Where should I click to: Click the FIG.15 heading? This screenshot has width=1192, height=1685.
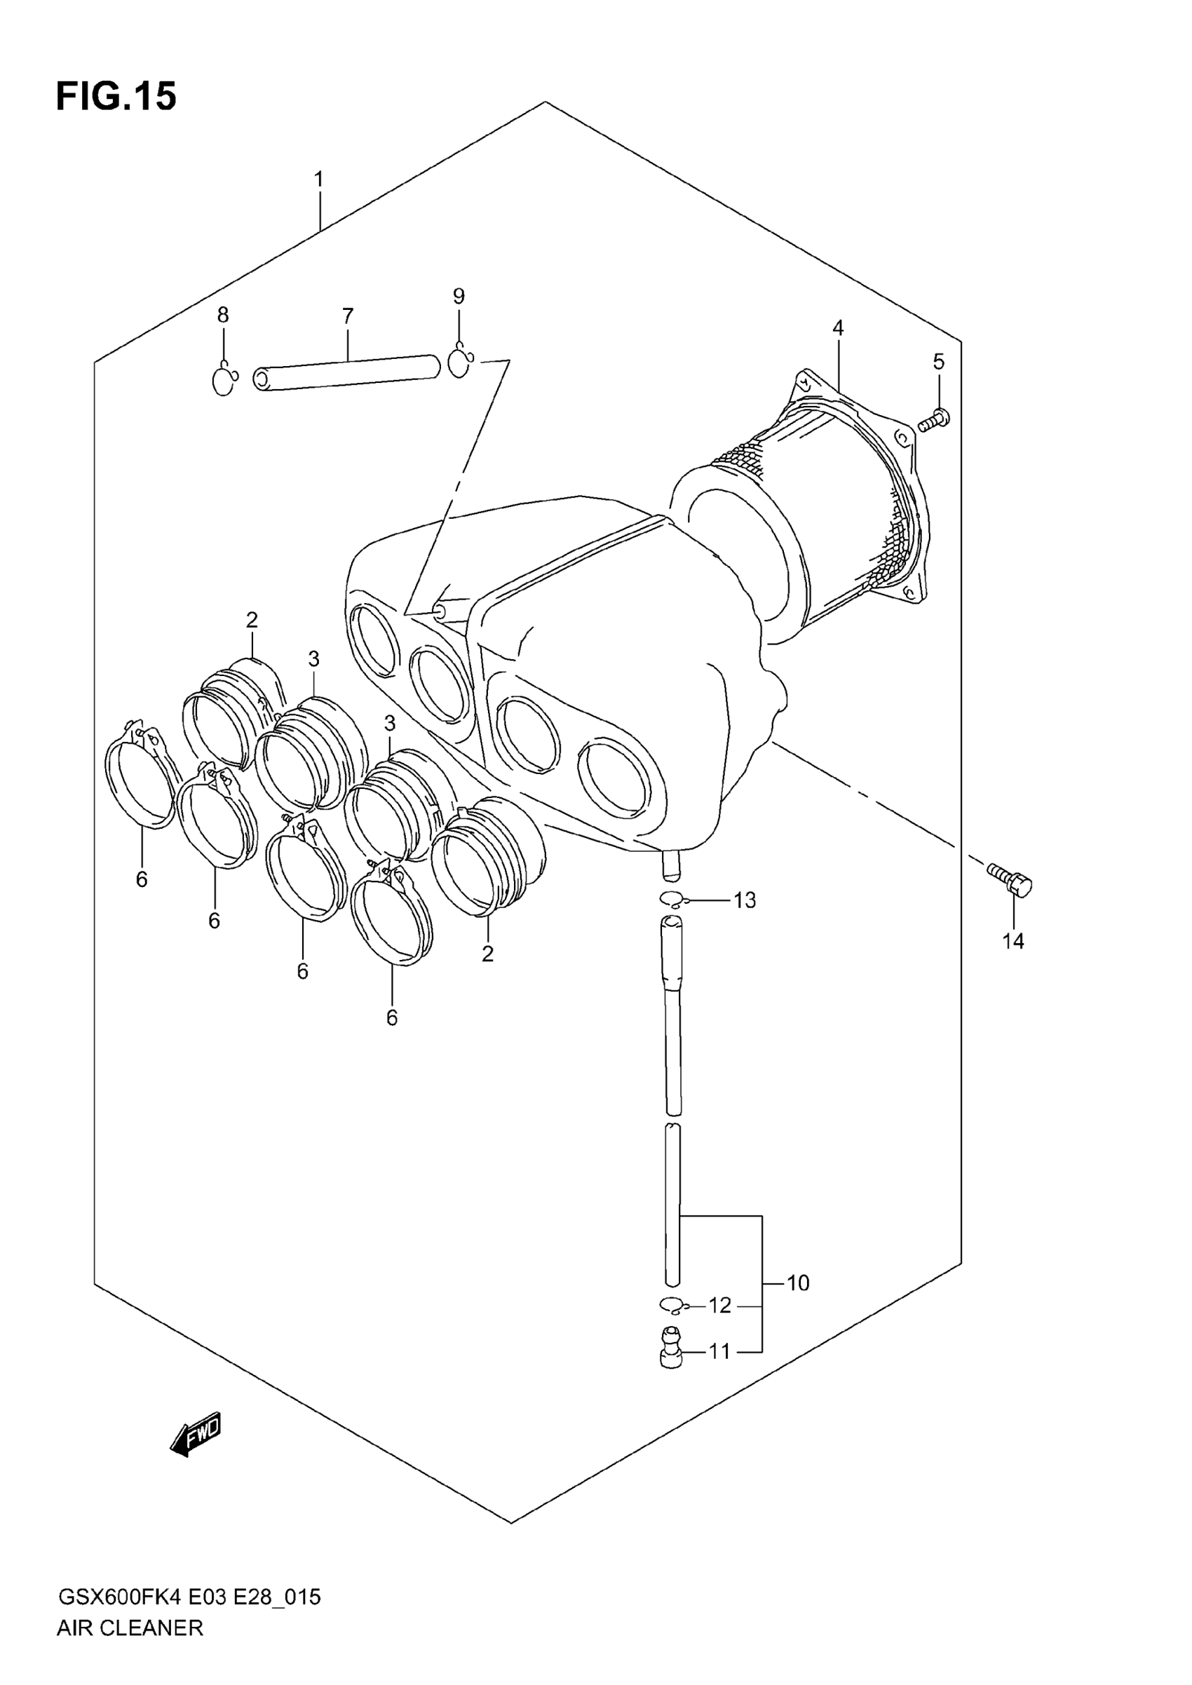click(x=116, y=96)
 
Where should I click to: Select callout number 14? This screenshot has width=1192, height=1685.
click(x=1013, y=942)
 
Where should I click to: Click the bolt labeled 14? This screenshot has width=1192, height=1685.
click(x=1010, y=879)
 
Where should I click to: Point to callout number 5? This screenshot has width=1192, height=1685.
click(x=938, y=362)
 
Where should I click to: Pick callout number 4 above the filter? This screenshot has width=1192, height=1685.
click(x=837, y=328)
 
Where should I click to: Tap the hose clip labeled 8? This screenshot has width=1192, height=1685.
click(x=223, y=380)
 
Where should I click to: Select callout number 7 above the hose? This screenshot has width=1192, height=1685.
click(x=347, y=316)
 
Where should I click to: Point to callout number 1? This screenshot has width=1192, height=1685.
click(x=318, y=180)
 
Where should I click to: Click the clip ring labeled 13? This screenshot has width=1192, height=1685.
click(x=672, y=899)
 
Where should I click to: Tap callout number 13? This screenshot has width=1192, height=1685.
click(x=744, y=900)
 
